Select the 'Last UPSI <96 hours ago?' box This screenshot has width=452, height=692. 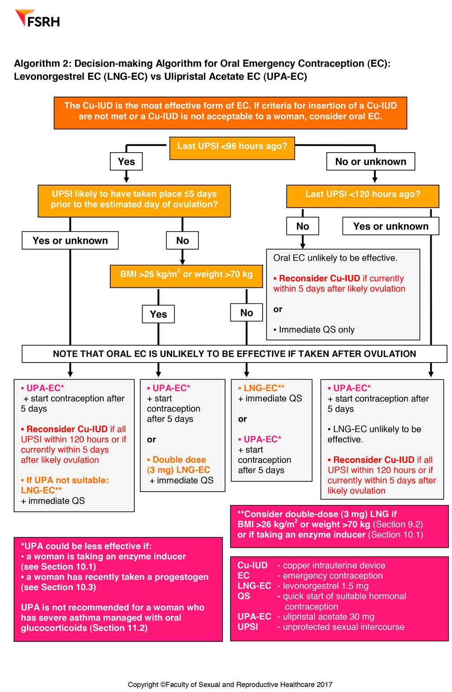[232, 146]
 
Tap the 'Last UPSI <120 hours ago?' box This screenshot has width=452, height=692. [363, 195]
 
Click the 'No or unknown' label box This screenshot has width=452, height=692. [371, 162]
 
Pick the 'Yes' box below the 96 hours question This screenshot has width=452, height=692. [126, 162]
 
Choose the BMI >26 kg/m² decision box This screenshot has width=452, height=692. [186, 275]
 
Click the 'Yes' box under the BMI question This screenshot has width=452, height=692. [158, 314]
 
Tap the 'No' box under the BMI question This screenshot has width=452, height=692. [246, 313]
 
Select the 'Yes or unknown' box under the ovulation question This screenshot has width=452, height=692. [70, 241]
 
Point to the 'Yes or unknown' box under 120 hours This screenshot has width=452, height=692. [391, 226]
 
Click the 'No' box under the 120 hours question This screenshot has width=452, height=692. [302, 226]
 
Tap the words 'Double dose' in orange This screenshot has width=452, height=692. [179, 460]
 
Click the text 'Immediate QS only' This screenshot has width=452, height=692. [316, 330]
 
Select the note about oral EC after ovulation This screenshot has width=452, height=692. [234, 354]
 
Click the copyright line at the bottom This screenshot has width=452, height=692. [230, 684]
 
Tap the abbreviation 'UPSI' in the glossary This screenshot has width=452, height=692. [248, 627]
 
